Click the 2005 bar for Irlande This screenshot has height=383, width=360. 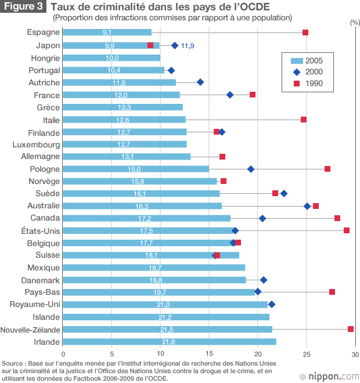[169, 342]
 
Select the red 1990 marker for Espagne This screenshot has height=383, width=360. [305, 32]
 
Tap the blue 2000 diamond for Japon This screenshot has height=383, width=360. [175, 45]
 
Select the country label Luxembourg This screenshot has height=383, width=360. [36, 144]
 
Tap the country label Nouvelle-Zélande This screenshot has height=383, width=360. [30, 330]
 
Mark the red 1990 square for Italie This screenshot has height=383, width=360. [304, 120]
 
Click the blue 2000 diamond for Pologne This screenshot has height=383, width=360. [251, 169]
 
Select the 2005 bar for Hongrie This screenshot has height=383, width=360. [111, 57]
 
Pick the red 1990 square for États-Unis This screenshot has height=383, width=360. [347, 230]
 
